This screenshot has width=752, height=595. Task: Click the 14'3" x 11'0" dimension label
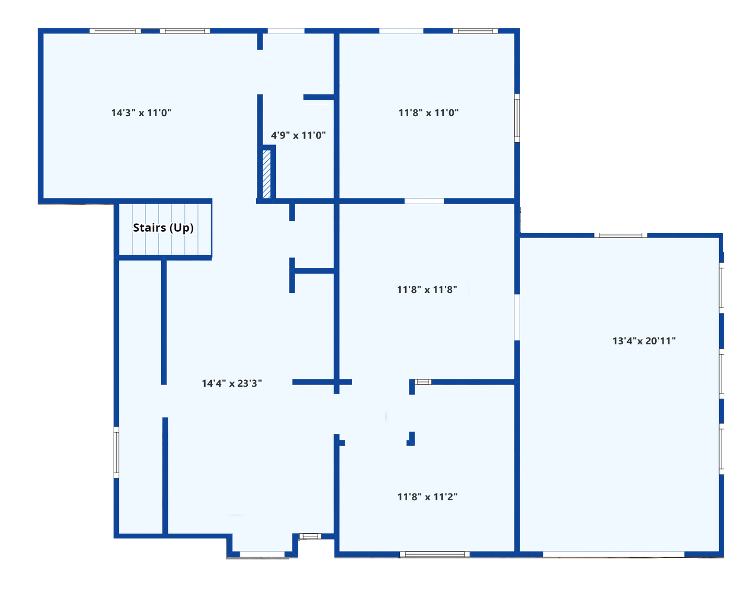click(x=141, y=113)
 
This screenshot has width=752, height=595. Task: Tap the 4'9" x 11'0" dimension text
click(x=298, y=135)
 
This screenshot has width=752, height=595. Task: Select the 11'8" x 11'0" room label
click(x=429, y=113)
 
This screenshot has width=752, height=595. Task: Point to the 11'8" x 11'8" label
click(x=426, y=289)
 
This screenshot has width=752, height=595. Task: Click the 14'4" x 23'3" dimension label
click(x=232, y=383)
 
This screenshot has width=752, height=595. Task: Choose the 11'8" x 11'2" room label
click(x=428, y=497)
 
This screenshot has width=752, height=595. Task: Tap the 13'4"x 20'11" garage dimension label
click(x=644, y=341)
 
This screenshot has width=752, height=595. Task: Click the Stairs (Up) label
click(x=163, y=228)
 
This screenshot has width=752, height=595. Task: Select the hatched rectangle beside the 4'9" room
click(x=266, y=174)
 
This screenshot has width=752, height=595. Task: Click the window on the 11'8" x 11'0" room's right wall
click(x=517, y=118)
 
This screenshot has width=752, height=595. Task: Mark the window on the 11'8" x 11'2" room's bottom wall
click(x=435, y=554)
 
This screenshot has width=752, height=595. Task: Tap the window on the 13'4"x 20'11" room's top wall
click(x=621, y=235)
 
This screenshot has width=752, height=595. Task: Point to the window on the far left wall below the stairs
click(x=116, y=453)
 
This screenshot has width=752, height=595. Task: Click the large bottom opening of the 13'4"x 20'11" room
click(x=613, y=555)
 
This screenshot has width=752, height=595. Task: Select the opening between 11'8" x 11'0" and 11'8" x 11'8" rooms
click(x=424, y=201)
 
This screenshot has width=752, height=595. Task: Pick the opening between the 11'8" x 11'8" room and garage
click(x=517, y=317)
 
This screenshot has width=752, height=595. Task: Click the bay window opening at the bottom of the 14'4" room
click(x=262, y=555)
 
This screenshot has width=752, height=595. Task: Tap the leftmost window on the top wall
click(x=115, y=31)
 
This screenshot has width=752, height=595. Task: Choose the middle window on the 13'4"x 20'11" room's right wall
click(x=721, y=374)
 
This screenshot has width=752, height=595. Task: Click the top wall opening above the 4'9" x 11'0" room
click(x=286, y=31)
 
